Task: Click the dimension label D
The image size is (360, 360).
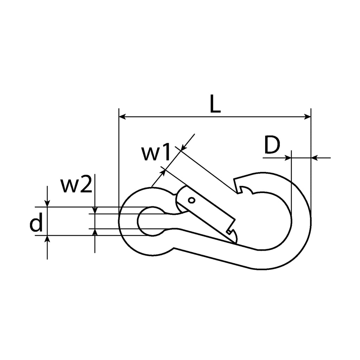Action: (x=272, y=145)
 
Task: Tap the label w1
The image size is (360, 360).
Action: (x=156, y=152)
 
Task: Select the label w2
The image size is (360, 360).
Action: (x=76, y=184)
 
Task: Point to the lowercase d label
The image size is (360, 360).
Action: (x=36, y=222)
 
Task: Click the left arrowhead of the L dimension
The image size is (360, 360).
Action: (x=122, y=117)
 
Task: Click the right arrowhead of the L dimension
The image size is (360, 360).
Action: (x=307, y=117)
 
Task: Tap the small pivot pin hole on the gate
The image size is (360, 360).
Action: (x=191, y=200)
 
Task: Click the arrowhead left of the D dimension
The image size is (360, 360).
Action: (x=288, y=158)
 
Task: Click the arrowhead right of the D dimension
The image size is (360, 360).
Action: (x=315, y=158)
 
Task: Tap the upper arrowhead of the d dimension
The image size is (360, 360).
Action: (x=47, y=204)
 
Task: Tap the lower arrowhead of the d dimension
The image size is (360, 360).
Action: (x=47, y=239)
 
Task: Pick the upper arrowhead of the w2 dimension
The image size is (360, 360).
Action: (x=95, y=210)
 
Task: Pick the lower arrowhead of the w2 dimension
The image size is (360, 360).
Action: (x=95, y=232)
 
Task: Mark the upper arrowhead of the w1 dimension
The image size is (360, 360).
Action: (x=184, y=148)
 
